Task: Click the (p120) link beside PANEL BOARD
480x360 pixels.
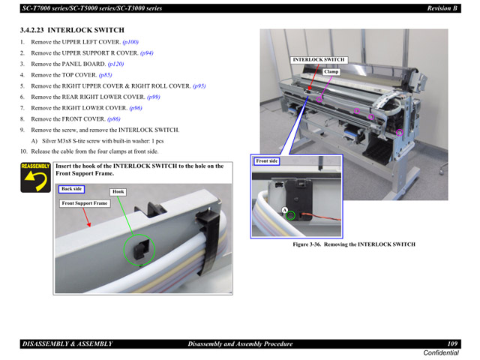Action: tap(115, 64)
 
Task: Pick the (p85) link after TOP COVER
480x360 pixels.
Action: tap(105, 75)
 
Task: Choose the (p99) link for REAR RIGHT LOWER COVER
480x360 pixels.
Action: tap(153, 97)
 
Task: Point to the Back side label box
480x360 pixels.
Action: tap(72, 189)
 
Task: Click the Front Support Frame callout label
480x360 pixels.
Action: tap(85, 203)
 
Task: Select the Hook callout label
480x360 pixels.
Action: tap(118, 192)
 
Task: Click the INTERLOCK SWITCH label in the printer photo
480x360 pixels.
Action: tap(319, 59)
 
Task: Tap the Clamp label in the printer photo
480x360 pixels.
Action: tap(331, 72)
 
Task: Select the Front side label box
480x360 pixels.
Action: tap(267, 161)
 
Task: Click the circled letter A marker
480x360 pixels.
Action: tap(284, 210)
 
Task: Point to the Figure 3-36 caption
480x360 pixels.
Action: tap(353, 244)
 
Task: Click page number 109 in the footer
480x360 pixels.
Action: tap(452, 343)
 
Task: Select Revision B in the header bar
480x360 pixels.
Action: tap(442, 8)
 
